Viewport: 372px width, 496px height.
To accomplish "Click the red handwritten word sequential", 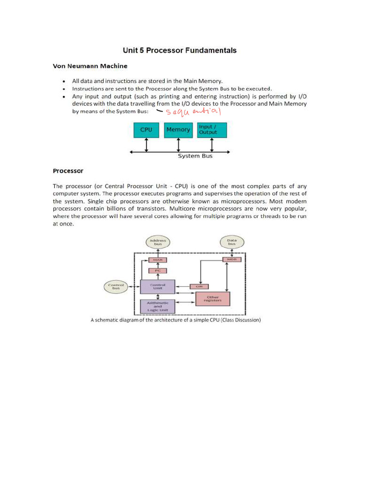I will (193, 112).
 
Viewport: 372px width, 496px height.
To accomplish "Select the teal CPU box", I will (146, 130).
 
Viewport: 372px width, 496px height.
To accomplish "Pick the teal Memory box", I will (178, 130).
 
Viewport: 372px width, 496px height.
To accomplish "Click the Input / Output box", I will (212, 130).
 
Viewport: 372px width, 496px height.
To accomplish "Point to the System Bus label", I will (195, 156).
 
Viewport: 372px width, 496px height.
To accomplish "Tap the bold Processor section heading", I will (68, 171).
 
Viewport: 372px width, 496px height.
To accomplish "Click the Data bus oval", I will (232, 242).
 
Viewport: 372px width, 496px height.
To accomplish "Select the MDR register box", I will (231, 260).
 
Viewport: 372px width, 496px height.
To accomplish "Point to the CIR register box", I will (198, 286).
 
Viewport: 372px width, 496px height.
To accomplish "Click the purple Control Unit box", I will (157, 287).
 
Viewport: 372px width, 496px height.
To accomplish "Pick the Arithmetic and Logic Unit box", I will (157, 307).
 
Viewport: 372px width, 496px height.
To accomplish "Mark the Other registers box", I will (213, 299).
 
